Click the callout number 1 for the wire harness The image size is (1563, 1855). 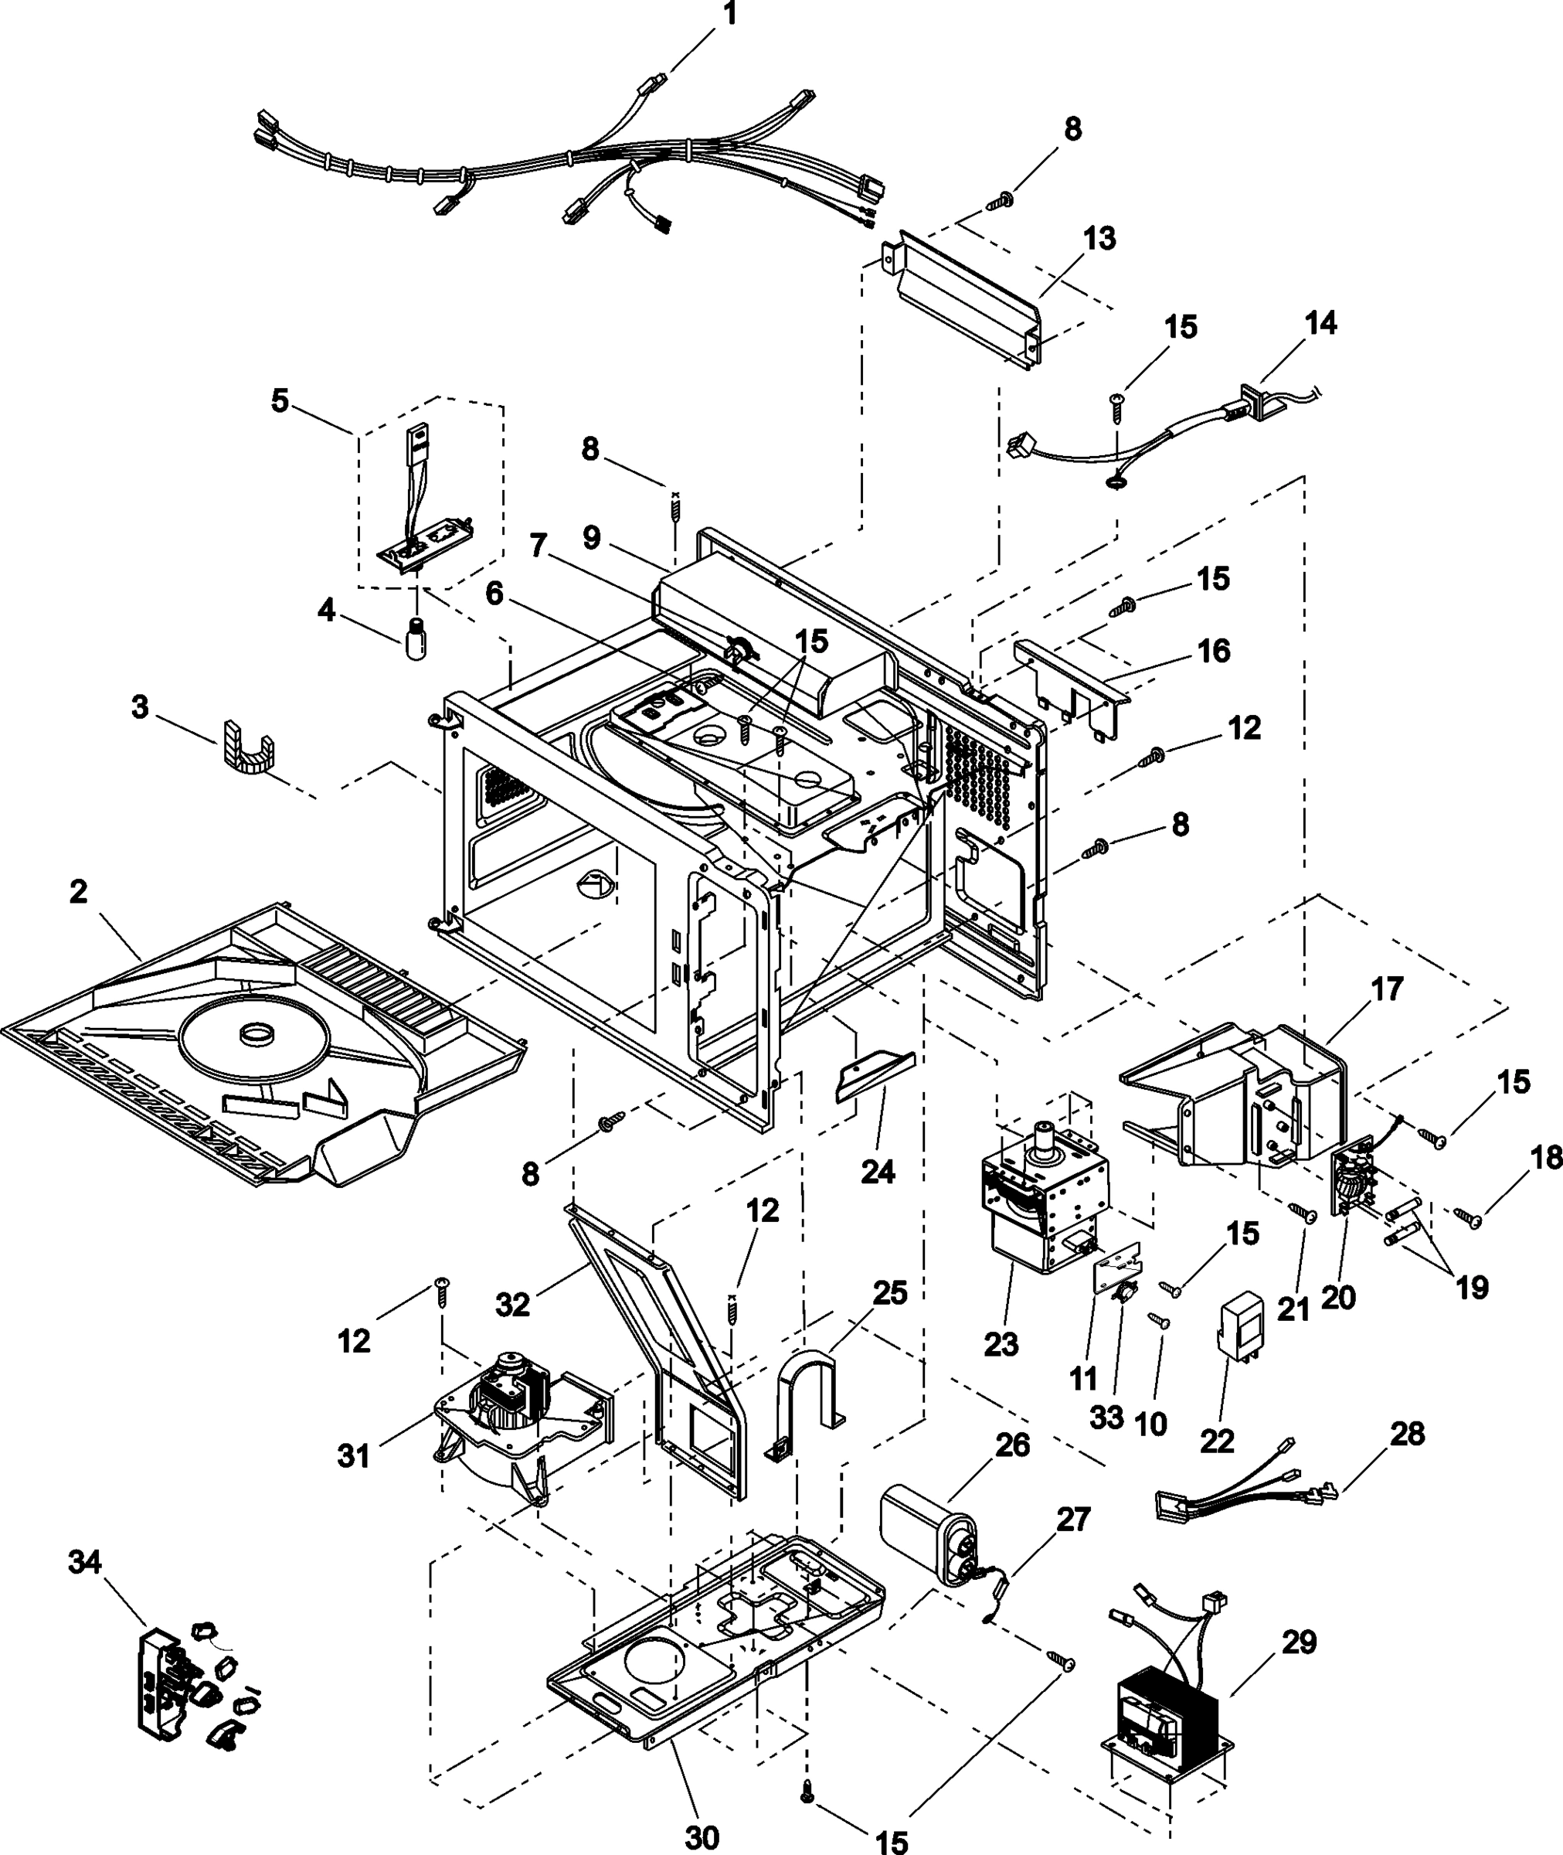point(729,15)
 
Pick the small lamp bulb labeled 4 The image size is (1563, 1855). point(415,638)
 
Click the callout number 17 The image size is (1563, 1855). point(1387,989)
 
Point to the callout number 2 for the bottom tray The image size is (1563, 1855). point(79,892)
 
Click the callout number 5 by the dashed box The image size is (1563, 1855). point(280,400)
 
